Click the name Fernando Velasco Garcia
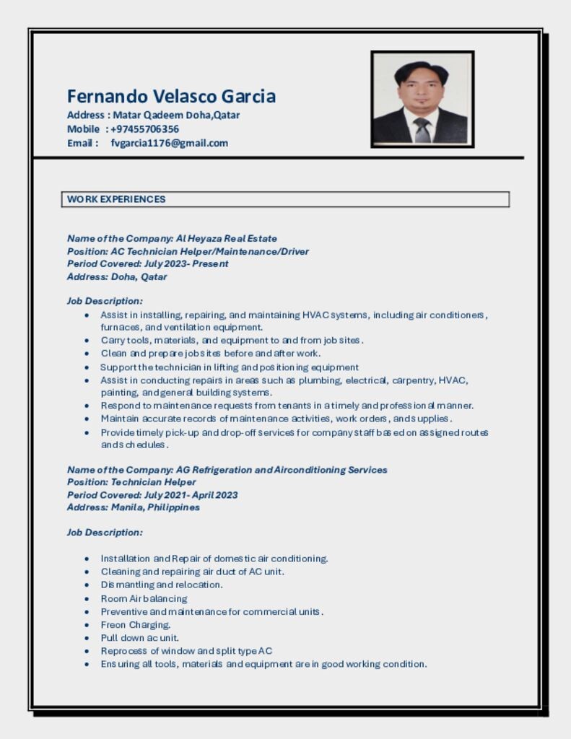(x=171, y=96)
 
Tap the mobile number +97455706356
(x=144, y=129)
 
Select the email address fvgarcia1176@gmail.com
(x=169, y=143)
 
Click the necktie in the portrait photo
(x=422, y=130)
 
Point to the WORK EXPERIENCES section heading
(x=116, y=199)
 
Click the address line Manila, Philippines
(x=155, y=507)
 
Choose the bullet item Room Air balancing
(x=144, y=598)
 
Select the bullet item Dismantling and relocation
(x=162, y=585)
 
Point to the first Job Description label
(x=105, y=300)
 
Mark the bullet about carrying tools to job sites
(x=232, y=340)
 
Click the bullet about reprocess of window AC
(x=186, y=651)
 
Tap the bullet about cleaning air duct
(x=192, y=572)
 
